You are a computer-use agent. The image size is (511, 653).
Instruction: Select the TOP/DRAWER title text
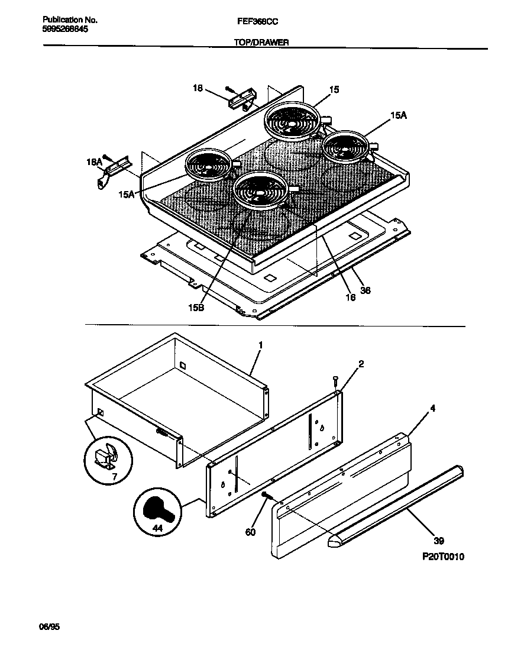point(257,43)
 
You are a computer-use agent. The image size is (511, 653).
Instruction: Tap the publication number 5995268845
point(66,29)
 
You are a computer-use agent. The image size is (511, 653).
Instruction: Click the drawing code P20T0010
point(444,557)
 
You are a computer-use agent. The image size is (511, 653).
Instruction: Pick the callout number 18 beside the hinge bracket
point(198,88)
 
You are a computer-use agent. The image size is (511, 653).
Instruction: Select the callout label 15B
point(196,308)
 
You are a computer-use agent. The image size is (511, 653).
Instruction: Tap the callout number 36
point(366,290)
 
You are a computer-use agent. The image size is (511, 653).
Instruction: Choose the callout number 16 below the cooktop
point(350,298)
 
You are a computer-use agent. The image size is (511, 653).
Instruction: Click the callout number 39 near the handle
point(438,541)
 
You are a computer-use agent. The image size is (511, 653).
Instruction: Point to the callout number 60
point(250,532)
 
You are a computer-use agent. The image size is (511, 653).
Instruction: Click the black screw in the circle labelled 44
point(156,509)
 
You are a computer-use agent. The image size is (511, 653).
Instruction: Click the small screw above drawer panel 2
point(336,380)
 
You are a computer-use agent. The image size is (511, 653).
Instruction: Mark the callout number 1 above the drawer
point(260,344)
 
